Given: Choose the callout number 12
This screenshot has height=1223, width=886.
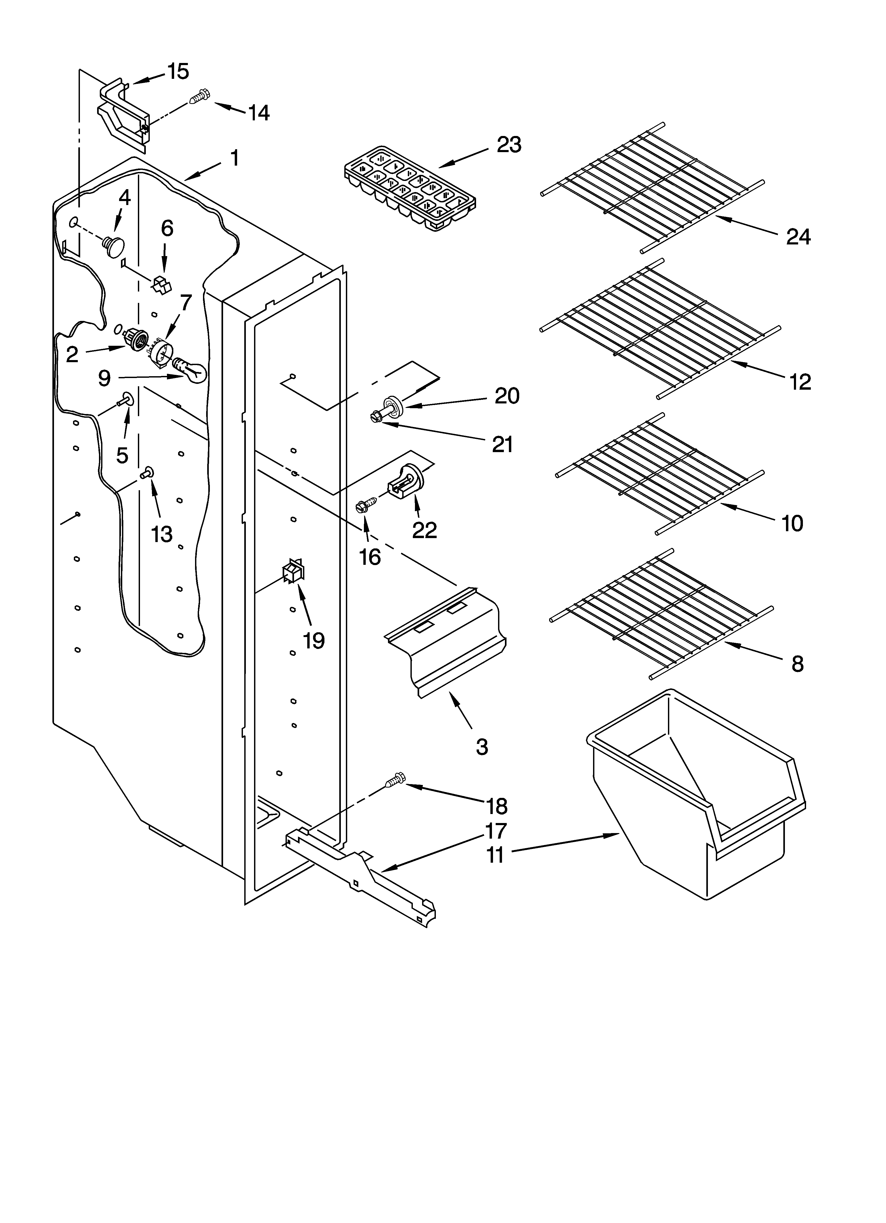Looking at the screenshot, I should click(800, 382).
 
